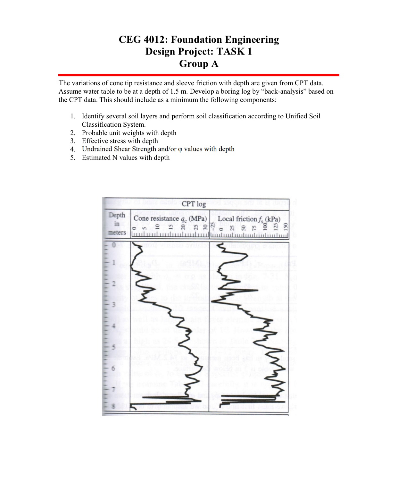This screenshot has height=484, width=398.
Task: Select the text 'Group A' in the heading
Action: click(x=199, y=64)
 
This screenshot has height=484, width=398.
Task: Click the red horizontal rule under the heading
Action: click(x=199, y=75)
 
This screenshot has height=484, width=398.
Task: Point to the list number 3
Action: click(x=73, y=141)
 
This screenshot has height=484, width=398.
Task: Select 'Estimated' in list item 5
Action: click(x=96, y=157)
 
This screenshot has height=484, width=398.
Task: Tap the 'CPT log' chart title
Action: click(x=194, y=204)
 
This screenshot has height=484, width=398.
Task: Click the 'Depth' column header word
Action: click(x=117, y=215)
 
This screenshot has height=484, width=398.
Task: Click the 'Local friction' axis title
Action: click(x=237, y=219)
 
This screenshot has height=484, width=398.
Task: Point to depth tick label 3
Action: click(x=113, y=304)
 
